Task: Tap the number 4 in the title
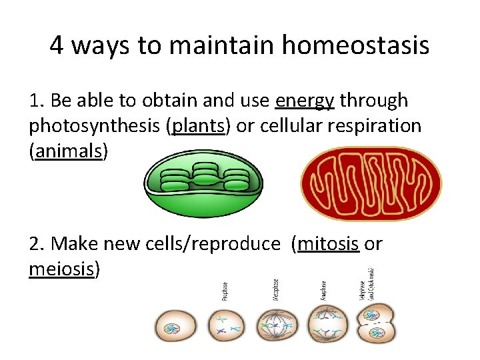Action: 57,46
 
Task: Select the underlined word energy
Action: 305,101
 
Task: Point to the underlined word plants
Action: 198,126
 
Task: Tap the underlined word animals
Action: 68,151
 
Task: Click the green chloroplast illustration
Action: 204,181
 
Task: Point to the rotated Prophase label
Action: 225,290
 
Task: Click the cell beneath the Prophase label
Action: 225,325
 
